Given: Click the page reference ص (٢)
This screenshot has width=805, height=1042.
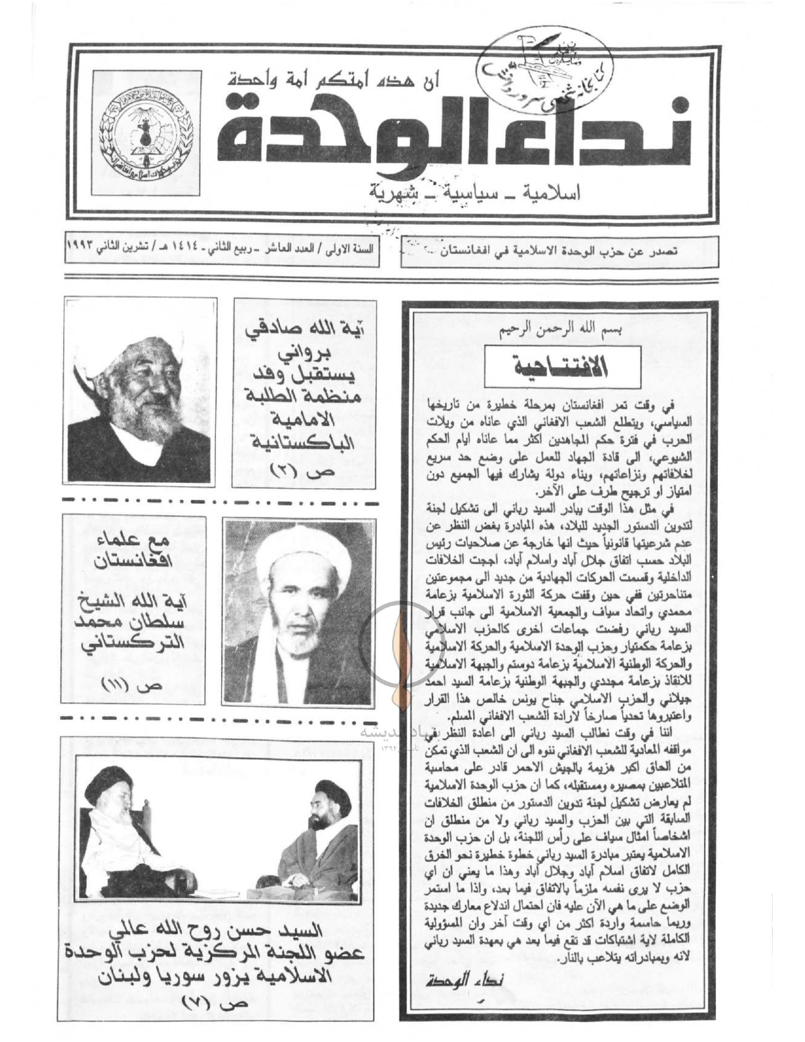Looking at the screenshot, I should click(295, 469).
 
